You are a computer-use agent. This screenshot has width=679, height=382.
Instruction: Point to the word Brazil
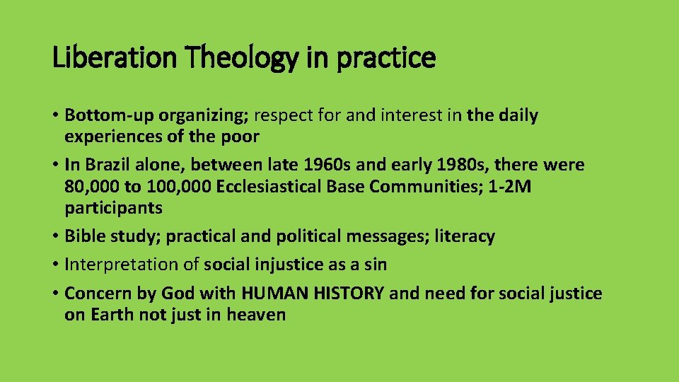pos(108,165)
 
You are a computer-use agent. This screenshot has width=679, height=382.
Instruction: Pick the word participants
pos(113,208)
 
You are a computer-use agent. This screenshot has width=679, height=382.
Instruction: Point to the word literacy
pos(465,236)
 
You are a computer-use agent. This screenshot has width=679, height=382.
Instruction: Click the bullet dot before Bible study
pos(56,236)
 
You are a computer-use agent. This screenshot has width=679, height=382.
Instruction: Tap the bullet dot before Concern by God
pos(56,293)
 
